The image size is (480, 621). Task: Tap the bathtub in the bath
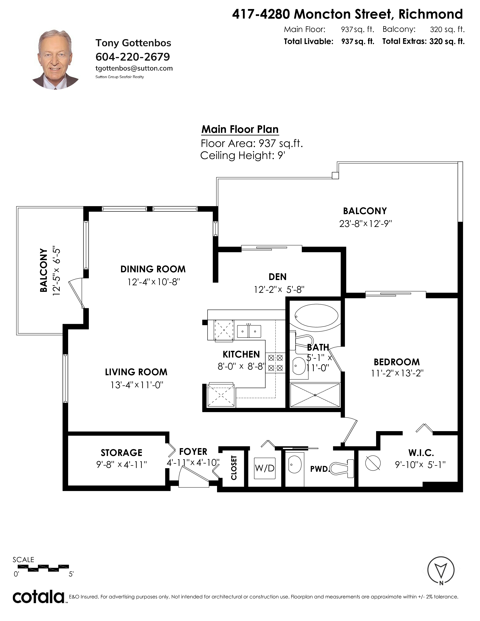point(316,316)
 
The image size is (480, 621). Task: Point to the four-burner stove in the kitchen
point(275,363)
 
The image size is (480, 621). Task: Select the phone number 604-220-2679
point(133,57)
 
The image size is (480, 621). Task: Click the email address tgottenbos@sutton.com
point(134,68)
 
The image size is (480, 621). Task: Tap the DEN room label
point(277,277)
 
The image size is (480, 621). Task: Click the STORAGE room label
point(121,453)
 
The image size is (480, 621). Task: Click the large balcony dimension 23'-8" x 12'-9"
point(365,224)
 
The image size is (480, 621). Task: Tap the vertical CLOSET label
point(234,468)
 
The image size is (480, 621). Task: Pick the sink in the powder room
point(295,465)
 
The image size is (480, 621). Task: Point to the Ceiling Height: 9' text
point(243,156)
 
